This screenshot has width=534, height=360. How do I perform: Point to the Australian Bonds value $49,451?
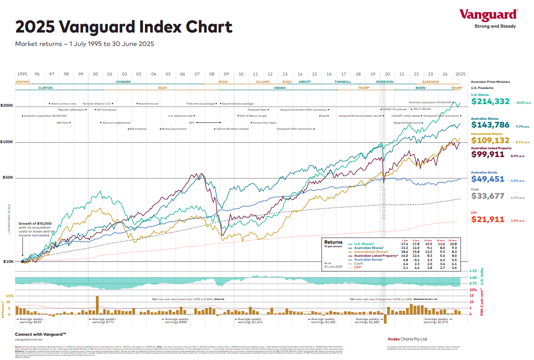[x=488, y=179]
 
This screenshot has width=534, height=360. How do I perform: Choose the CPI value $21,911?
[x=488, y=219]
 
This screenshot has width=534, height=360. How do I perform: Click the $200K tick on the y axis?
[x=7, y=105]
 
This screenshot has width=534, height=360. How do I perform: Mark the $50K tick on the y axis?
[x=8, y=178]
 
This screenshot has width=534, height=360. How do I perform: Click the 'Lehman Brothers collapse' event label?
[x=234, y=129]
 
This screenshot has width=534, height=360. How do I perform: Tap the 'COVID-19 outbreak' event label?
[x=395, y=109]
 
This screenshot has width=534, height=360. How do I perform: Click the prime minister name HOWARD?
[x=123, y=82]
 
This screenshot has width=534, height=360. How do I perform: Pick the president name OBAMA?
[x=280, y=88]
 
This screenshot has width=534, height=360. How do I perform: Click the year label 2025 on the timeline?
[x=460, y=74]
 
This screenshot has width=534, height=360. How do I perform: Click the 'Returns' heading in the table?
[x=333, y=242]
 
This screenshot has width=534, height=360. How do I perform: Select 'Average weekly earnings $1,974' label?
[x=436, y=321]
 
